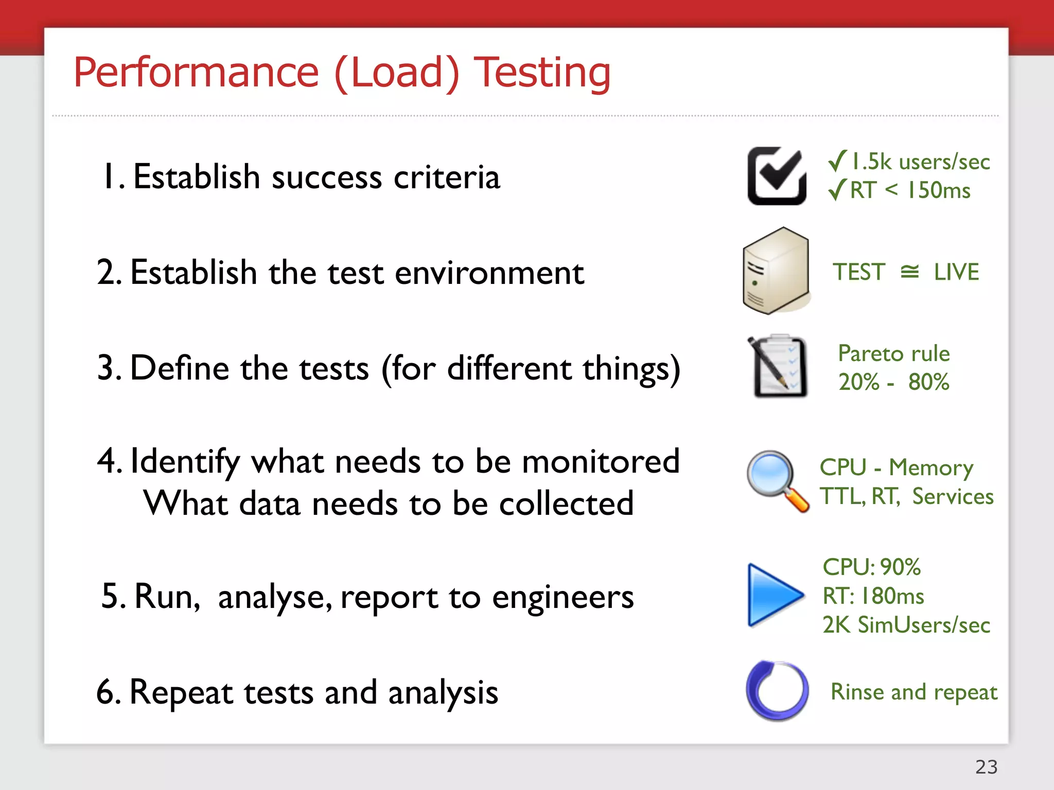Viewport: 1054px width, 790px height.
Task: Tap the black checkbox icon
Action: pos(777,176)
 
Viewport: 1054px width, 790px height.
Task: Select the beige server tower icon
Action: pos(776,271)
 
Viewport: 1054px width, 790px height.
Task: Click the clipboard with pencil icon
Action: pos(778,366)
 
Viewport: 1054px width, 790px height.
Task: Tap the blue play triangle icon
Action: pos(774,595)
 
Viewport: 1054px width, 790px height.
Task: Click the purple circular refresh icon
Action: pos(777,691)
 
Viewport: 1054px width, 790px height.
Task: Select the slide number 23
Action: pos(986,767)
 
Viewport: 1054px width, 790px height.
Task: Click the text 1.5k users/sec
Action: pos(920,162)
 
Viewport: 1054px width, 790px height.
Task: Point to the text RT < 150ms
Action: pos(910,190)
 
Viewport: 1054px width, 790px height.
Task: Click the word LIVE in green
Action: pos(956,272)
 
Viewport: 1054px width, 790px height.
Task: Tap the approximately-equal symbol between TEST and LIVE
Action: pos(910,272)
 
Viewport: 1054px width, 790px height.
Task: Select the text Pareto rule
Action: pos(894,354)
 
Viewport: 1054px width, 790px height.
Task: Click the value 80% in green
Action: pos(928,382)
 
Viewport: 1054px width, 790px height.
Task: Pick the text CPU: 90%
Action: pos(871,567)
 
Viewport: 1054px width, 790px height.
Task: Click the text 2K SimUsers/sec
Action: pos(906,625)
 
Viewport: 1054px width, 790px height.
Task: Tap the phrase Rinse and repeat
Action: pos(914,692)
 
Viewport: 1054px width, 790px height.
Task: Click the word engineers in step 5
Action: pos(563,597)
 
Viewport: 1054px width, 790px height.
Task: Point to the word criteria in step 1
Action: pos(447,177)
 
